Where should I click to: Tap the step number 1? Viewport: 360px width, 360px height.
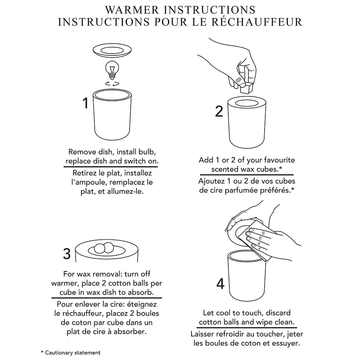pyautogui.click(x=86, y=103)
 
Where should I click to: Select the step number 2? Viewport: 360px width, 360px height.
pyautogui.click(x=219, y=111)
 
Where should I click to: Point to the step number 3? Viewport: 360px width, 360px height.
pyautogui.click(x=67, y=254)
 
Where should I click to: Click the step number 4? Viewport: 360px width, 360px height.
pyautogui.click(x=220, y=284)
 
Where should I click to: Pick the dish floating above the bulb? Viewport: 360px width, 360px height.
pyautogui.click(x=112, y=50)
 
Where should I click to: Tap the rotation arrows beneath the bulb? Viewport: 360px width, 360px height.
pyautogui.click(x=112, y=84)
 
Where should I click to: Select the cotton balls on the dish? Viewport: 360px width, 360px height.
pyautogui.click(x=104, y=249)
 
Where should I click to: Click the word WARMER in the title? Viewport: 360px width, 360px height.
pyautogui.click(x=132, y=10)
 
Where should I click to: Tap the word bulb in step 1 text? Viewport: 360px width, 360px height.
pyautogui.click(x=147, y=152)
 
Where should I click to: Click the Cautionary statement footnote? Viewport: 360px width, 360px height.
pyautogui.click(x=71, y=353)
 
